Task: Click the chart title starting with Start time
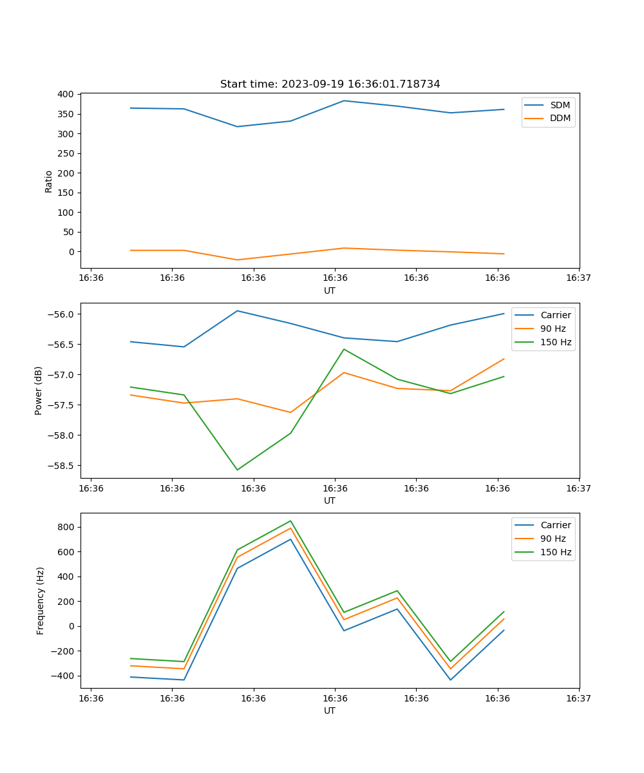click(x=330, y=84)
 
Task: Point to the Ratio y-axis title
click(x=49, y=181)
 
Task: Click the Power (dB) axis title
click(x=39, y=390)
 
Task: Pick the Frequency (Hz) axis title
click(x=40, y=600)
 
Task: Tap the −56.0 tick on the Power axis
click(x=61, y=314)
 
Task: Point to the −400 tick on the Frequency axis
click(x=63, y=676)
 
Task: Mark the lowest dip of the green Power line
click(x=237, y=470)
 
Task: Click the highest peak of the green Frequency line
click(x=290, y=521)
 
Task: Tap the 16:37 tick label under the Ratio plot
click(x=579, y=278)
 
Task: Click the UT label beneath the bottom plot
click(x=330, y=711)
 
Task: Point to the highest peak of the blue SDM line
click(x=344, y=100)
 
